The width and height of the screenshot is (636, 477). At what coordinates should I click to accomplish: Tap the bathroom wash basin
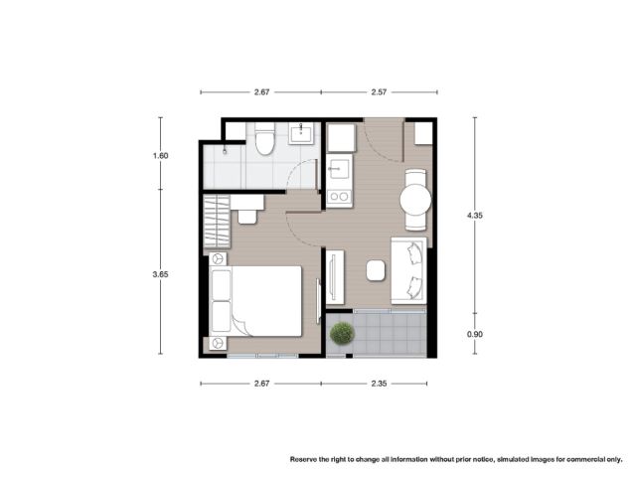tap(300, 134)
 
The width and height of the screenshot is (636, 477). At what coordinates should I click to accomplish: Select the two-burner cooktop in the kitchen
tap(340, 197)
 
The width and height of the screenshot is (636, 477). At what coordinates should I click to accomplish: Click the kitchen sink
tap(339, 169)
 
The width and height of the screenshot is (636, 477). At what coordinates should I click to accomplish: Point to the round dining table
tap(415, 200)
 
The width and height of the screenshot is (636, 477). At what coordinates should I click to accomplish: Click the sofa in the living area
tap(408, 270)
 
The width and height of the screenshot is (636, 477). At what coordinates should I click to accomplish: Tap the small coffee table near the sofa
tap(376, 270)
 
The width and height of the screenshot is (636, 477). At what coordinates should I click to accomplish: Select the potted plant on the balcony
tap(342, 333)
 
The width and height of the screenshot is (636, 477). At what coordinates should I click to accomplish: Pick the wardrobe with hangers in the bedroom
tap(217, 222)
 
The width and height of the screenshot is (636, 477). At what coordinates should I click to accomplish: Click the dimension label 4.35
tap(475, 216)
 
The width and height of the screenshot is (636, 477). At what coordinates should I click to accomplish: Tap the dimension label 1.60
tap(160, 156)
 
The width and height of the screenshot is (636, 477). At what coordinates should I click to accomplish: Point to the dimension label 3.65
tap(160, 274)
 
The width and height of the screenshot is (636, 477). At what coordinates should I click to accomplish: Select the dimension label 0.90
tap(475, 334)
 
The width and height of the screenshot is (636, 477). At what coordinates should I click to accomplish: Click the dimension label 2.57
tap(379, 92)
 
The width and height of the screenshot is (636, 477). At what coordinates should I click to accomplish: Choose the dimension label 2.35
tap(379, 384)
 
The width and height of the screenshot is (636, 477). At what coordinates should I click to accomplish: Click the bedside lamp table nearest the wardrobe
tap(218, 258)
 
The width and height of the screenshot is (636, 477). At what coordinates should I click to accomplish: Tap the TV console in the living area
tap(335, 277)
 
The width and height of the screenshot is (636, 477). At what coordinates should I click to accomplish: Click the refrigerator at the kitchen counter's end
tap(341, 138)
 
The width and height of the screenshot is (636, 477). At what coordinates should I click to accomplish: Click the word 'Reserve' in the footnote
tap(303, 459)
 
